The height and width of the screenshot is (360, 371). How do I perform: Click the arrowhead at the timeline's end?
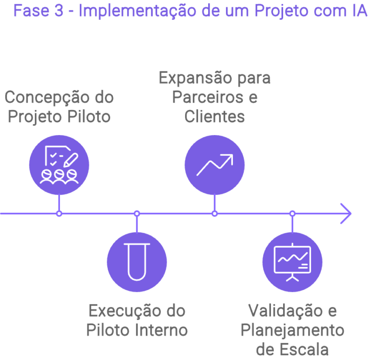pyautogui.click(x=346, y=213)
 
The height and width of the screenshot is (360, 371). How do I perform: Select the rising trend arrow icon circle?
pyautogui.click(x=214, y=165)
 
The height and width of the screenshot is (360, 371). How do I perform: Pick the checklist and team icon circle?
pyautogui.click(x=59, y=165)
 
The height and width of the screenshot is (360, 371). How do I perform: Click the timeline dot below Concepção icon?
pyautogui.click(x=59, y=213)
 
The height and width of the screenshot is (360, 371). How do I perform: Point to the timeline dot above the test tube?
pyautogui.click(x=137, y=213)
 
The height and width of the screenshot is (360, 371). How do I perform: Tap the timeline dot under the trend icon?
pyautogui.click(x=214, y=213)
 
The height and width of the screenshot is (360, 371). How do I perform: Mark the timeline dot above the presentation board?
pyautogui.click(x=292, y=213)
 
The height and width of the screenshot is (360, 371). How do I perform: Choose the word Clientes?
pyautogui.click(x=214, y=117)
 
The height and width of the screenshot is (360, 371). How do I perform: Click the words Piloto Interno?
pyautogui.click(x=137, y=330)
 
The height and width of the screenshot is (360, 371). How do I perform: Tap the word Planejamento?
pyautogui.click(x=292, y=330)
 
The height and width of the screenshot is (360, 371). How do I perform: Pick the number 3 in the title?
pyautogui.click(x=58, y=11)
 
